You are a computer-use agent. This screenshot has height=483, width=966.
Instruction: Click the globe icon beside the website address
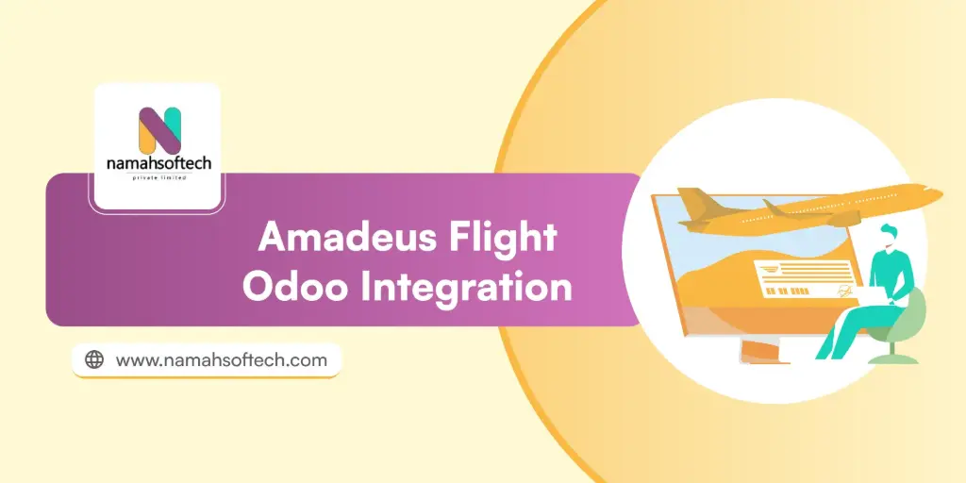pos(94,359)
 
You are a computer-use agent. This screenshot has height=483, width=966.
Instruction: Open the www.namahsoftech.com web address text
pos(221,359)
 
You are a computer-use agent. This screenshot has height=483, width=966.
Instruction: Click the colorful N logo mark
pos(159,131)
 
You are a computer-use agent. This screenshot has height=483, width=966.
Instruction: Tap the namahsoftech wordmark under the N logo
pos(158,165)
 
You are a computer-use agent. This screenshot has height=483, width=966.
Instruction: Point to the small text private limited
pos(158,179)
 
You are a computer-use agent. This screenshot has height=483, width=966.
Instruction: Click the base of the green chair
pos(891,358)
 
